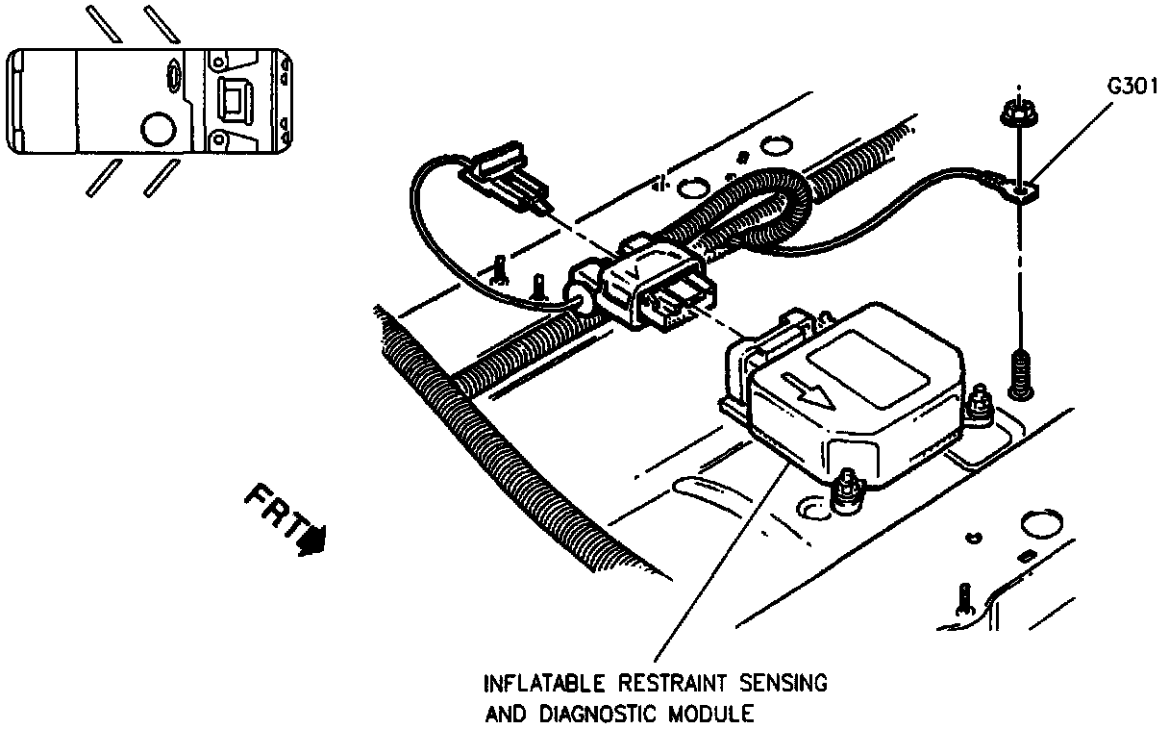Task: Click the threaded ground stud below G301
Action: pos(1020,375)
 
